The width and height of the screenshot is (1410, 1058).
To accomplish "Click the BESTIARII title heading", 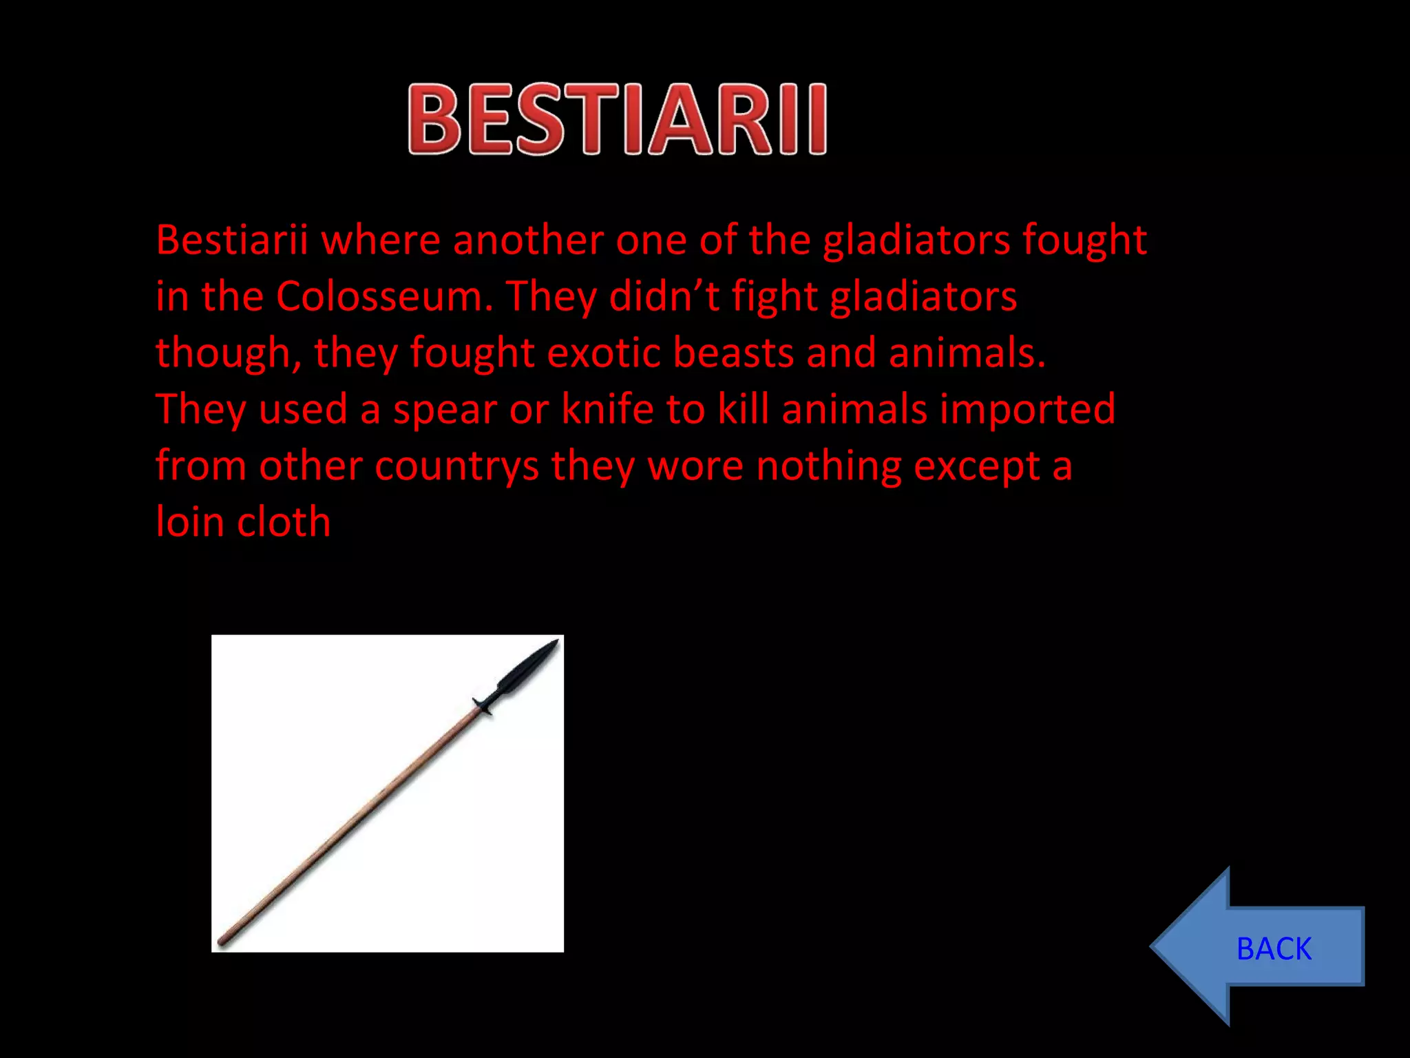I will tap(617, 118).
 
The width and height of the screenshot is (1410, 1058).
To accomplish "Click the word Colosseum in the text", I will tap(384, 297).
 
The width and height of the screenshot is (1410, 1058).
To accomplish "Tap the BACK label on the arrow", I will tap(1274, 948).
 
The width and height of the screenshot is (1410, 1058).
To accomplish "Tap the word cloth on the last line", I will tap(284, 522).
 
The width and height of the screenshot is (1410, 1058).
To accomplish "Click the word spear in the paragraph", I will tap(445, 409).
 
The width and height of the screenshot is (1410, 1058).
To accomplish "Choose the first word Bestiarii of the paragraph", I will tap(231, 240).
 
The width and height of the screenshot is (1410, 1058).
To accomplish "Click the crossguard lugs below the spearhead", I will tap(483, 705).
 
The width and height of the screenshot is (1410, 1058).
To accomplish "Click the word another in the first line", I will tap(528, 240).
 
